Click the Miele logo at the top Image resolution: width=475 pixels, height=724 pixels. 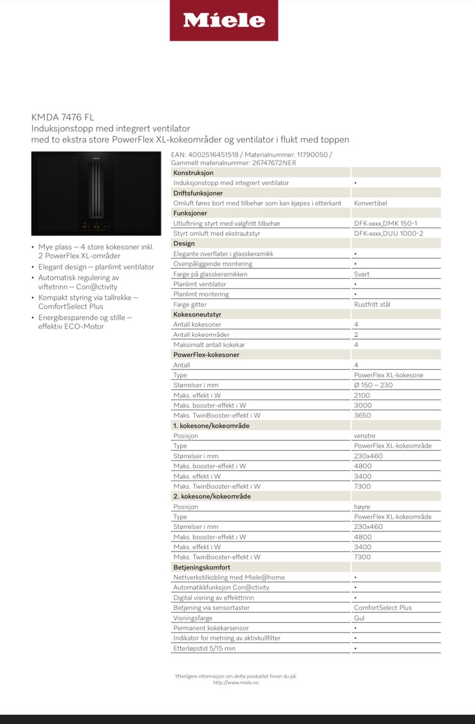coord(224,20)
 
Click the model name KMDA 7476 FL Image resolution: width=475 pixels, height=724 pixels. coord(62,117)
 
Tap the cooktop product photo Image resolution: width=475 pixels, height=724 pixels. coord(96,193)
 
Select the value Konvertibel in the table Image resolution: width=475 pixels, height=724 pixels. coord(371,203)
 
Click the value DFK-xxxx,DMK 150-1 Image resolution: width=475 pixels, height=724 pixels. coord(385,223)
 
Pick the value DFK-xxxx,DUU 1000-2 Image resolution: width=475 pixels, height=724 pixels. coord(388,233)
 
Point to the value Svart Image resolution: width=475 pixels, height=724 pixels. coord(362,274)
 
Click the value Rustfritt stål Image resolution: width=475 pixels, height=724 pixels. coord(372,304)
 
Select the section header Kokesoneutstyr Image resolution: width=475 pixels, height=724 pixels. coord(197,314)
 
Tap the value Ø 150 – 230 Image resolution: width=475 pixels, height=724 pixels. coord(373,385)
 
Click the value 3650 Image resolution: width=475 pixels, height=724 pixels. coord(362,415)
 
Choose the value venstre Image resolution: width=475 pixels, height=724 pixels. coord(365,435)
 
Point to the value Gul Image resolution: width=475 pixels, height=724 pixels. coord(359,618)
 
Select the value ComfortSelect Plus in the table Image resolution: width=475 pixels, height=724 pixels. coord(382,608)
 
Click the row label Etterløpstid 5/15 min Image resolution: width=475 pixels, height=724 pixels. coord(204,648)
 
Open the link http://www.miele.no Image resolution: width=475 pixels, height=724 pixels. coord(236,682)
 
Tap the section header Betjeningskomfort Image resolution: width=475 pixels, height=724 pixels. coord(201,567)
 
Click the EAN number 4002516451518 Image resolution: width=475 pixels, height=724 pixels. coord(213,154)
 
